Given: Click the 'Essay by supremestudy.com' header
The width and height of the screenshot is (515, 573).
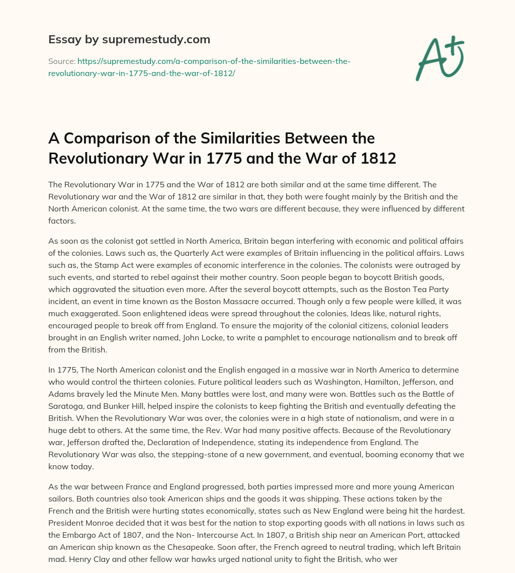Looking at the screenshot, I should tap(129, 39).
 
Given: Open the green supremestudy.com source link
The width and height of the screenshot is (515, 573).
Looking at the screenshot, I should tap(199, 67).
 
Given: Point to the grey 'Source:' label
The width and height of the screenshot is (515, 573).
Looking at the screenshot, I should tap(61, 61).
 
